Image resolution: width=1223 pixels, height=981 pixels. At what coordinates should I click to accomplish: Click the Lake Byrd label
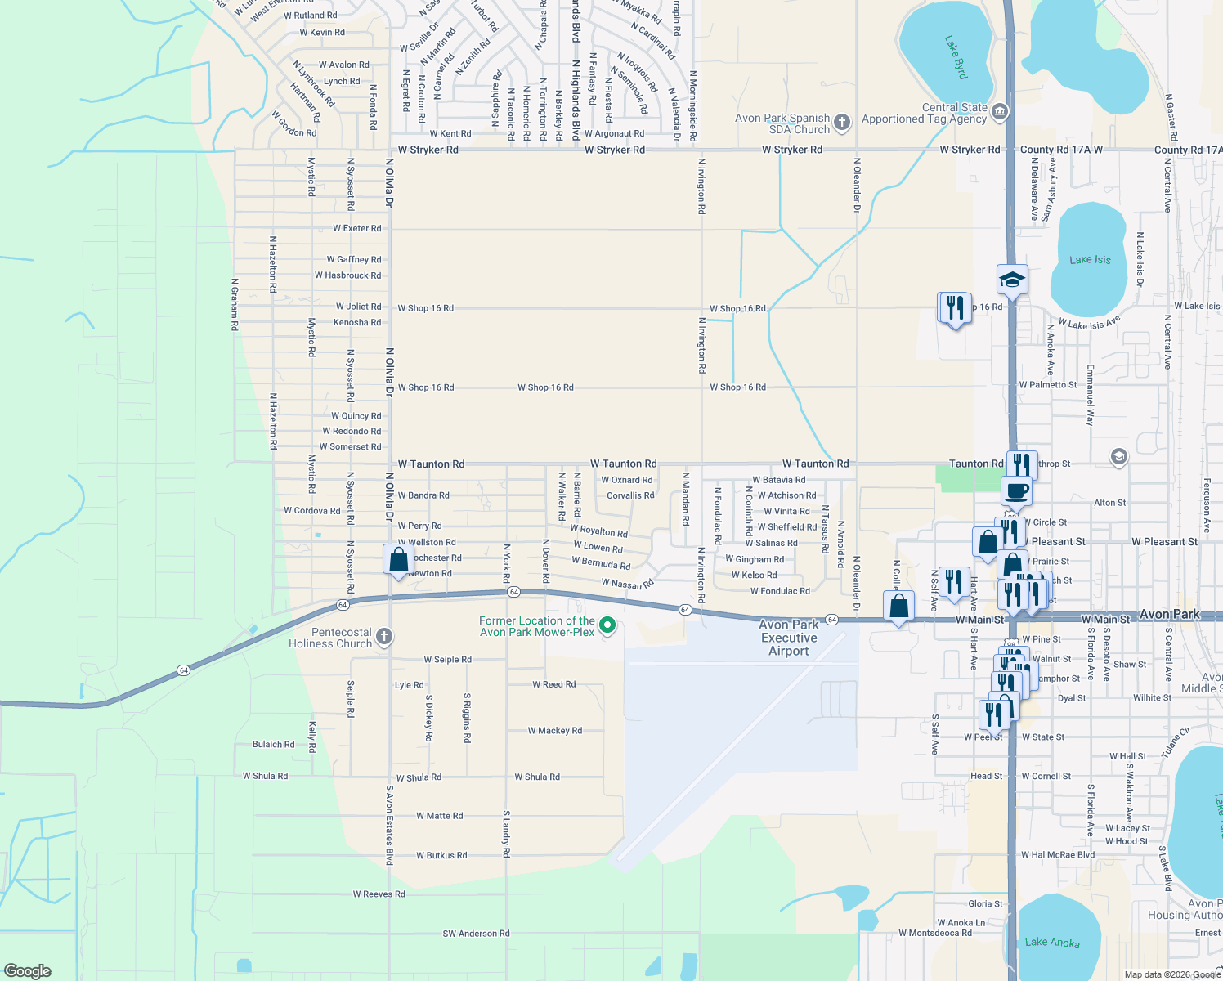click(956, 57)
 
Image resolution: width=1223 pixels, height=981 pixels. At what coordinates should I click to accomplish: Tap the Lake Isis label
click(1090, 260)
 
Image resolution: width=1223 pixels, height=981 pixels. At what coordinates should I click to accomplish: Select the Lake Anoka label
click(1052, 943)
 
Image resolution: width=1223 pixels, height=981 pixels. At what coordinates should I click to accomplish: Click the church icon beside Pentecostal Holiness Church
click(383, 637)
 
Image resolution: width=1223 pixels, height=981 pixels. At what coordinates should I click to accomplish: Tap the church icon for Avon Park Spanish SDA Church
click(842, 123)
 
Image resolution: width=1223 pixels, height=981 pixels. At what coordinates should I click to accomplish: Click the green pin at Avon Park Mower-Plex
click(607, 625)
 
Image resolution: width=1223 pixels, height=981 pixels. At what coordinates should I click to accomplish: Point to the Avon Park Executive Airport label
click(789, 638)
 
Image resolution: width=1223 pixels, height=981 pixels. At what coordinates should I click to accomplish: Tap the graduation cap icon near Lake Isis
click(1012, 280)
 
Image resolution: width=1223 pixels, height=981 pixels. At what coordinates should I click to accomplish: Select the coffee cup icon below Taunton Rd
click(1016, 491)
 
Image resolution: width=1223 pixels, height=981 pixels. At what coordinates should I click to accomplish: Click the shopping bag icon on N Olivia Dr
click(398, 560)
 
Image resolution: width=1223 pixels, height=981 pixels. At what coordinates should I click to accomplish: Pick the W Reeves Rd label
click(379, 894)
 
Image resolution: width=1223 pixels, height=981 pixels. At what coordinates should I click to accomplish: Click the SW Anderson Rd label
click(476, 934)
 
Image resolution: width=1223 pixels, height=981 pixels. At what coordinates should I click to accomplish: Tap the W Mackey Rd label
click(554, 731)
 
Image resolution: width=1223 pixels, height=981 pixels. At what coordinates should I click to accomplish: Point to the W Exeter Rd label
click(356, 229)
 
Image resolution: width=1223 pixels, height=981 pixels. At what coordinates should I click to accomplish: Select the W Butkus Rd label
click(441, 856)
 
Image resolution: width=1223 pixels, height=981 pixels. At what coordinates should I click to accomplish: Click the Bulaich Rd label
click(273, 745)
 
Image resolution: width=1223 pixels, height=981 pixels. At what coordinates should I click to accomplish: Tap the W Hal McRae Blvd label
click(1057, 855)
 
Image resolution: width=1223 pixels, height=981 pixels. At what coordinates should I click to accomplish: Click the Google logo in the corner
click(28, 971)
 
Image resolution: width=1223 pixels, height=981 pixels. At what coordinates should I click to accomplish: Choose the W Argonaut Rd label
click(614, 134)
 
